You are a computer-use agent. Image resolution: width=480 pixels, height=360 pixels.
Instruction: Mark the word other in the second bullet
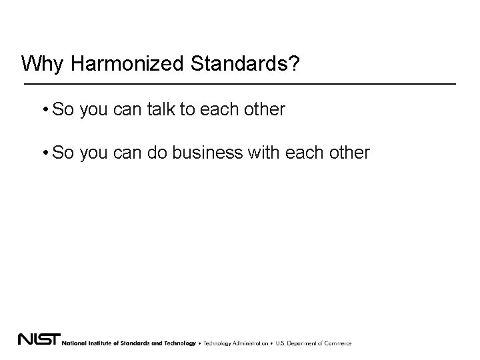pyautogui.click(x=351, y=153)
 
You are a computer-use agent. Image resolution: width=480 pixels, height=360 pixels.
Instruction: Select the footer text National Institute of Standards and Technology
pyautogui.click(x=130, y=343)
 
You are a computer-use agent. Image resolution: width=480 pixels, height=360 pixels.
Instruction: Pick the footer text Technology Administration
pyautogui.click(x=235, y=343)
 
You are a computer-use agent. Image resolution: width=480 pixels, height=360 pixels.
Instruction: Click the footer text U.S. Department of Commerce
pyautogui.click(x=313, y=343)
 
